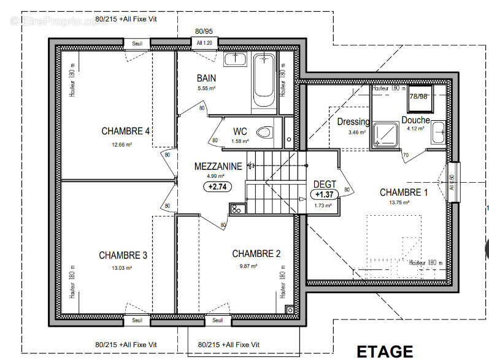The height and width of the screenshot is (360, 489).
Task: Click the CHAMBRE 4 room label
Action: pyautogui.click(x=125, y=131)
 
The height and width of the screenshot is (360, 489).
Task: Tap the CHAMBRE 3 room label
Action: pyautogui.click(x=123, y=255)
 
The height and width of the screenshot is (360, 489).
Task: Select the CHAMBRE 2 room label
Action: pyautogui.click(x=256, y=253)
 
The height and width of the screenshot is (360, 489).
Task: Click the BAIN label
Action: pyautogui.click(x=206, y=78)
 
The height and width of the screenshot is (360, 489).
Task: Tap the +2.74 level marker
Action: pyautogui.click(x=217, y=187)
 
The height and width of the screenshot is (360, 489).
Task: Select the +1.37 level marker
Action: pyautogui.click(x=323, y=194)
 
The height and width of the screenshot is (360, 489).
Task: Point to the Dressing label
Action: pyautogui.click(x=353, y=121)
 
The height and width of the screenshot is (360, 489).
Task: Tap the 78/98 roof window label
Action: pyautogui.click(x=419, y=96)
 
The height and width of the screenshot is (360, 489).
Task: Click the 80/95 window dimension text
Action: pyautogui.click(x=204, y=31)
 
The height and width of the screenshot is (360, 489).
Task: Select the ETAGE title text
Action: pyautogui.click(x=385, y=351)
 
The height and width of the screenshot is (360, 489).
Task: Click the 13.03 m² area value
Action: pyautogui.click(x=122, y=267)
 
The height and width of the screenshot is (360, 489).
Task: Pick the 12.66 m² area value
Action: pyautogui.click(x=122, y=145)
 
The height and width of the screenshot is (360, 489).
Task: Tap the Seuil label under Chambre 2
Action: pyautogui.click(x=217, y=320)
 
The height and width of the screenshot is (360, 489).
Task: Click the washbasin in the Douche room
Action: pyautogui.click(x=439, y=131)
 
